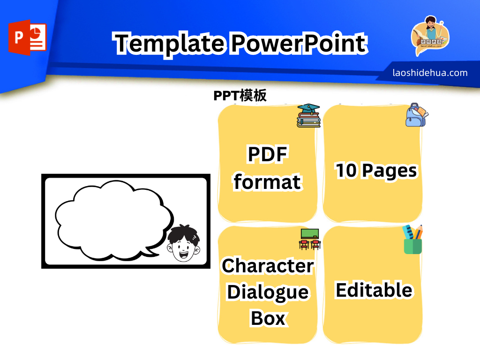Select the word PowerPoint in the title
[x=298, y=43]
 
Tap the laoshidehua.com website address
[x=430, y=73]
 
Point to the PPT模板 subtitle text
[x=240, y=96]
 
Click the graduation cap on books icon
[x=308, y=115]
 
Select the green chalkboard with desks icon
[x=309, y=238]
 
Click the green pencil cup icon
[x=412, y=240]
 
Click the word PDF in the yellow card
[x=267, y=154]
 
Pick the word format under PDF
[x=267, y=181]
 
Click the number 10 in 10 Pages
[x=346, y=171]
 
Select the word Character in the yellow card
[x=268, y=266]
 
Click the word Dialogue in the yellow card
[x=268, y=292]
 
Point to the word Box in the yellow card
[x=268, y=318]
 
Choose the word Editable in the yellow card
[x=374, y=290]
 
